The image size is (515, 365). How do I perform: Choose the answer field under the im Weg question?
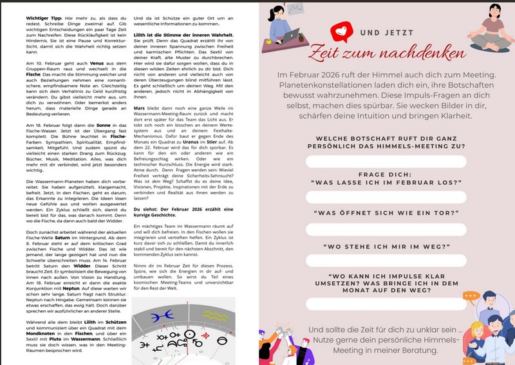[x=386, y=260]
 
